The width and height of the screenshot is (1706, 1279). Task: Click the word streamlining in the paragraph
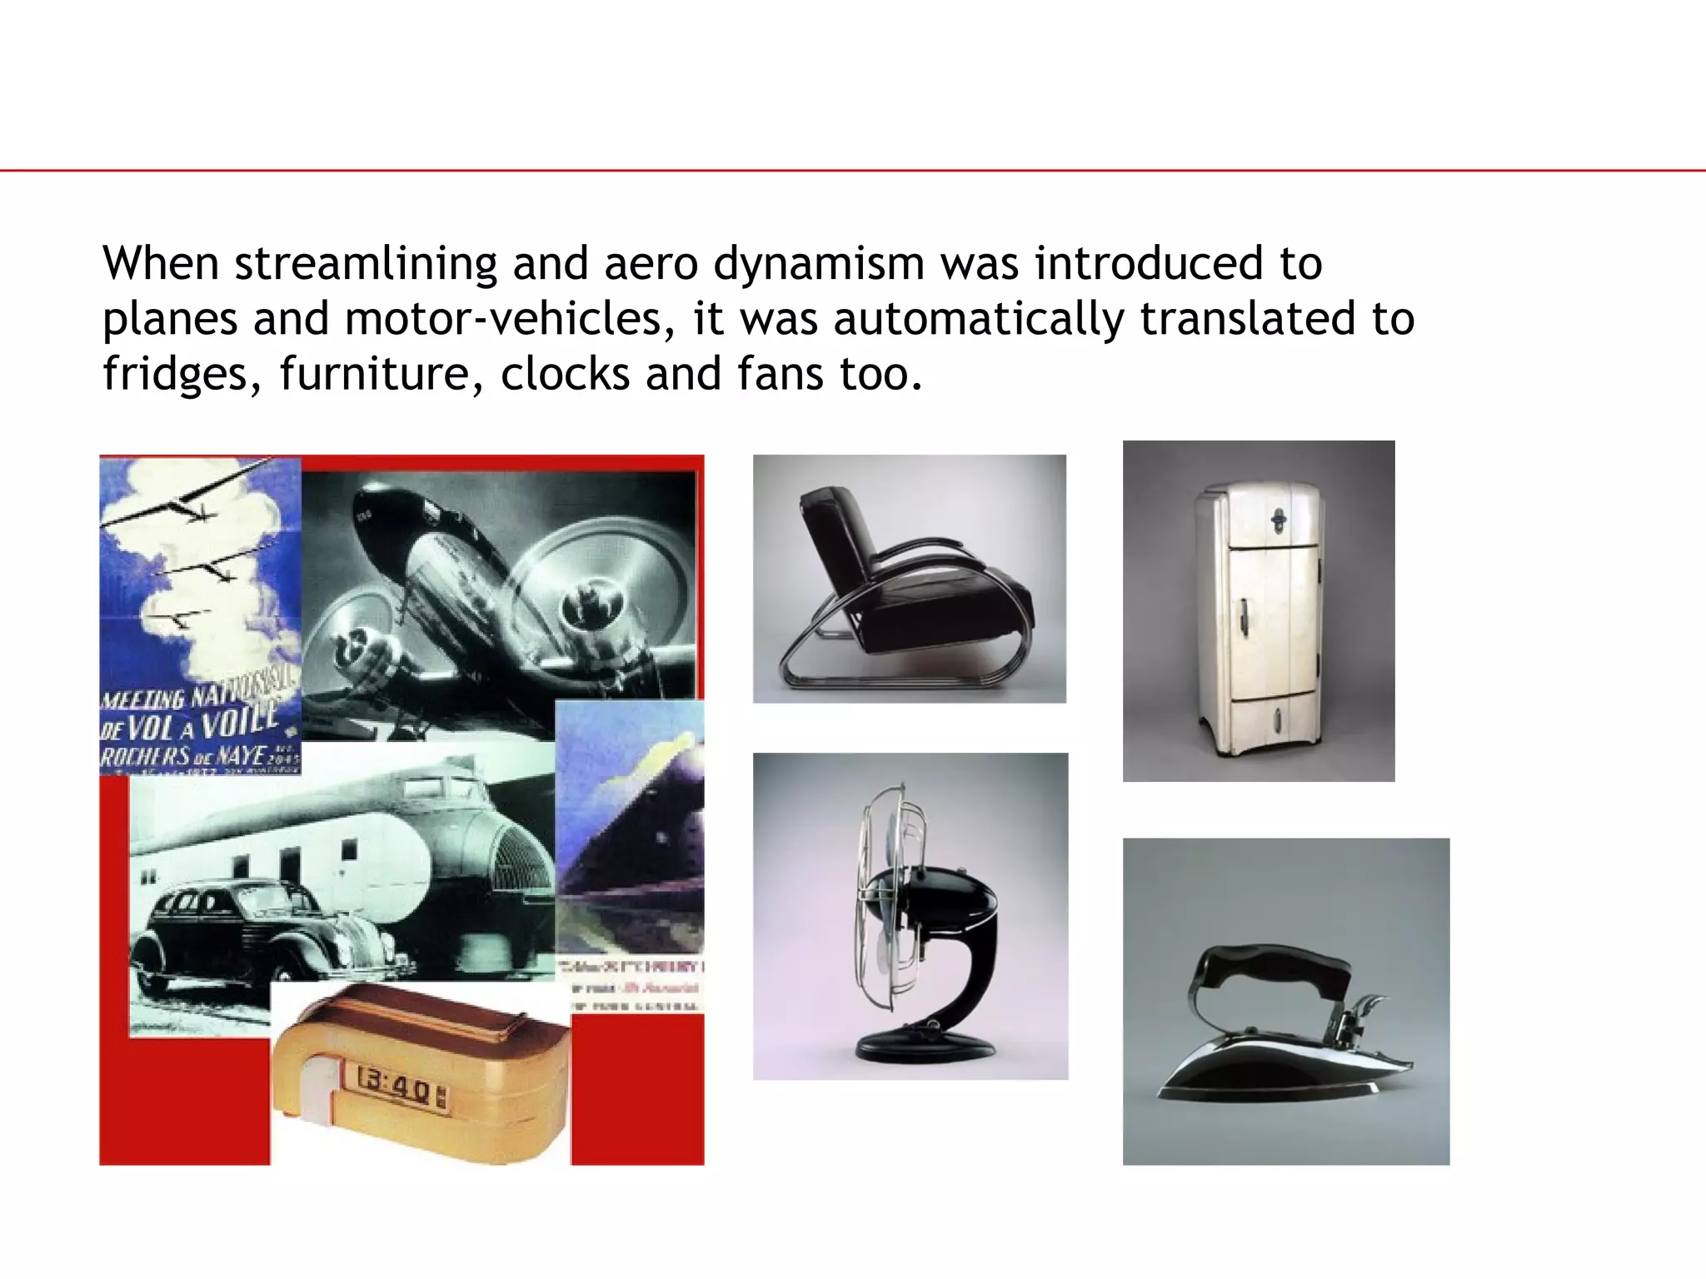(365, 264)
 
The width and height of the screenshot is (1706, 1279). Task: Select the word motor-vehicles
(509, 319)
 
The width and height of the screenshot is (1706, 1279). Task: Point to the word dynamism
(819, 264)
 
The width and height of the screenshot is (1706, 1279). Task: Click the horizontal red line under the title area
(853, 171)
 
